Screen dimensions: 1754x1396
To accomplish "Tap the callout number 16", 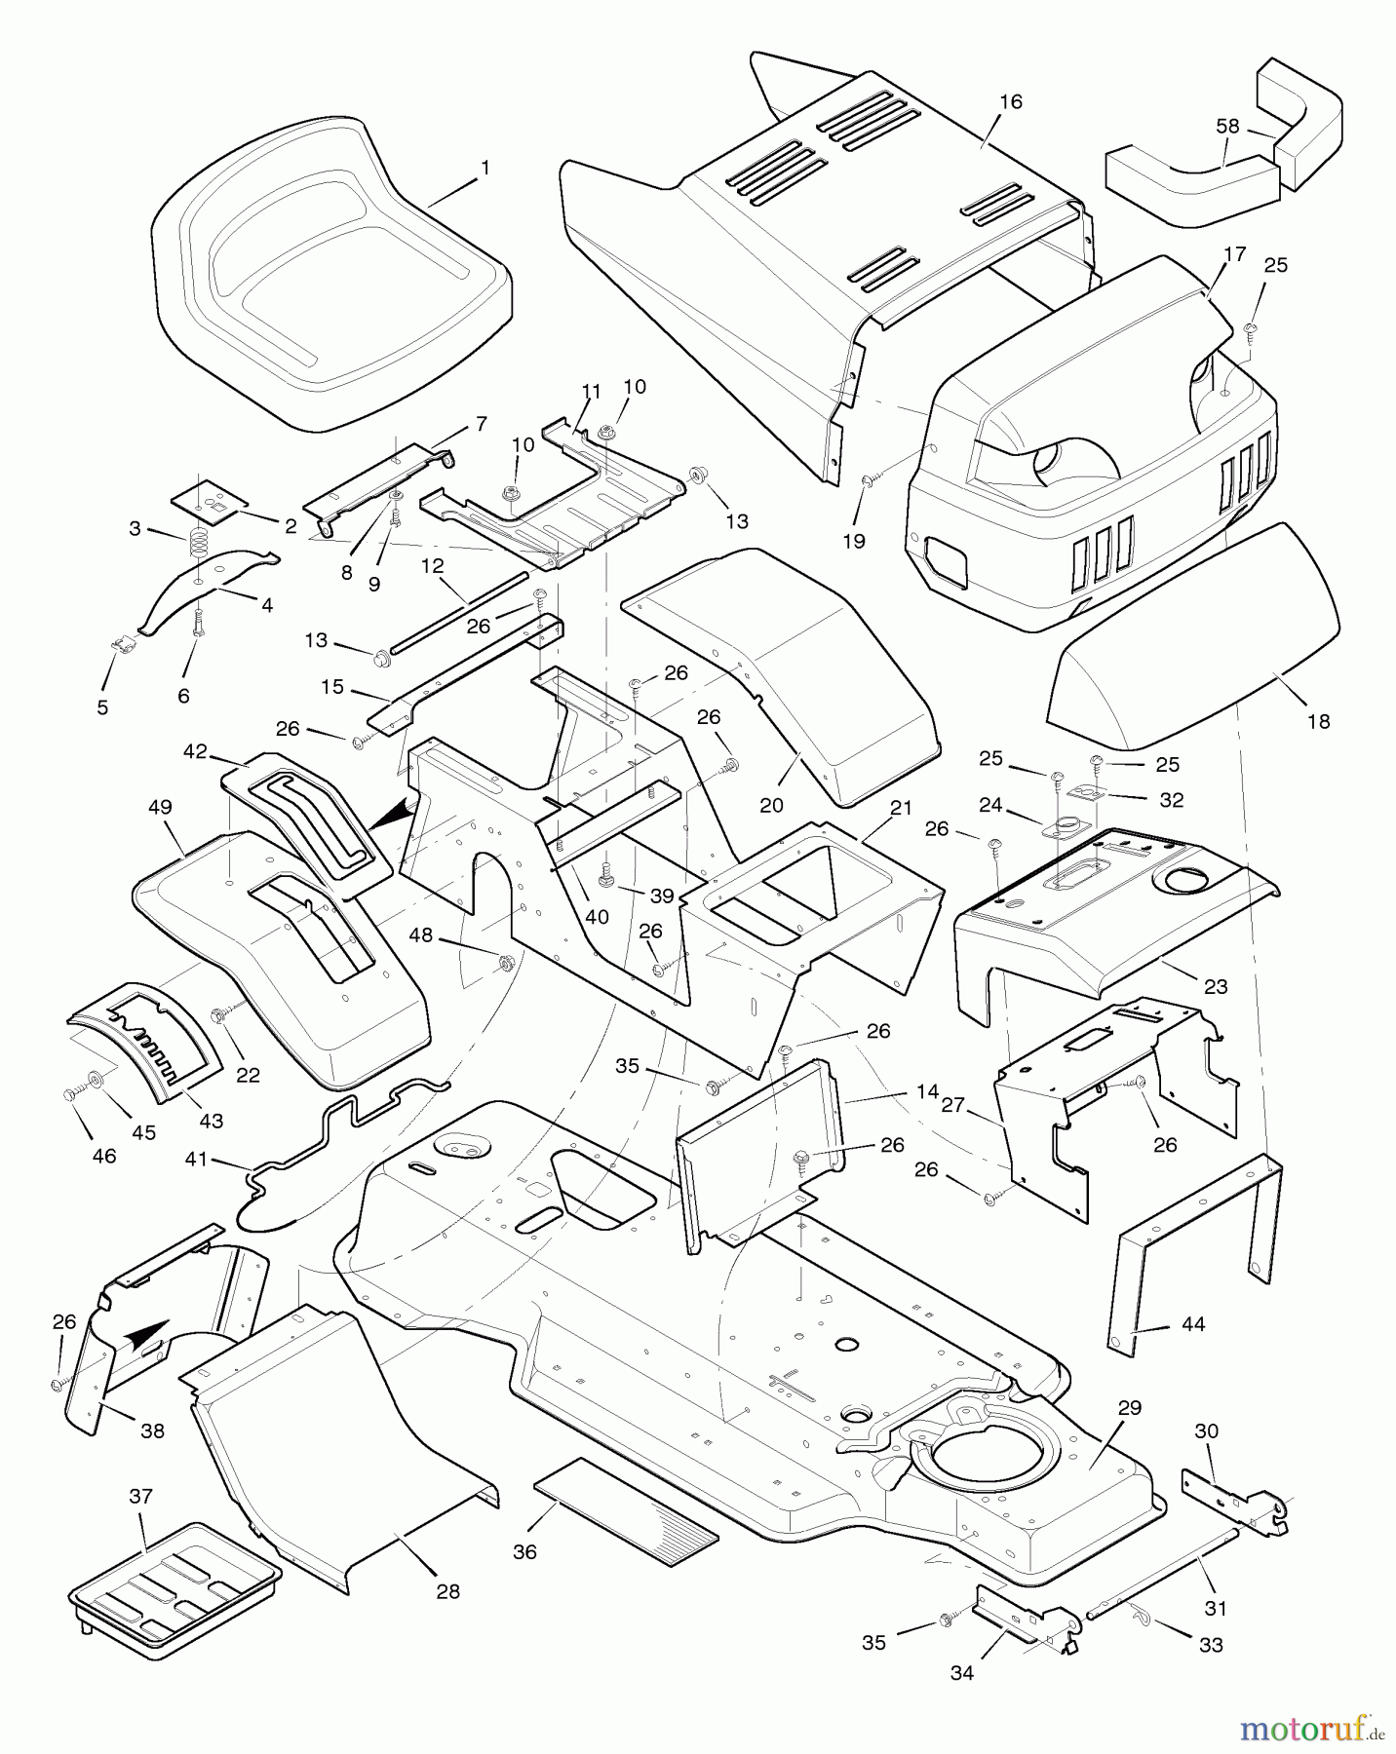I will (x=1011, y=101).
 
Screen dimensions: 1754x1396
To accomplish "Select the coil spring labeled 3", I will (x=200, y=539).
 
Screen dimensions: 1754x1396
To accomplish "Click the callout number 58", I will (x=1227, y=126).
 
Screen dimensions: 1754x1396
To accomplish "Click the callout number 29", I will (x=1129, y=1407).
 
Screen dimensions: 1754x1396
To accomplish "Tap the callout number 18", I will (x=1318, y=721).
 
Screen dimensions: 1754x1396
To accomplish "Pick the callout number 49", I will (x=160, y=807).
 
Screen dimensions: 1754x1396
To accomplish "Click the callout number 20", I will (x=771, y=805).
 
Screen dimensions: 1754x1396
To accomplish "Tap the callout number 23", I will (x=1215, y=986).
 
